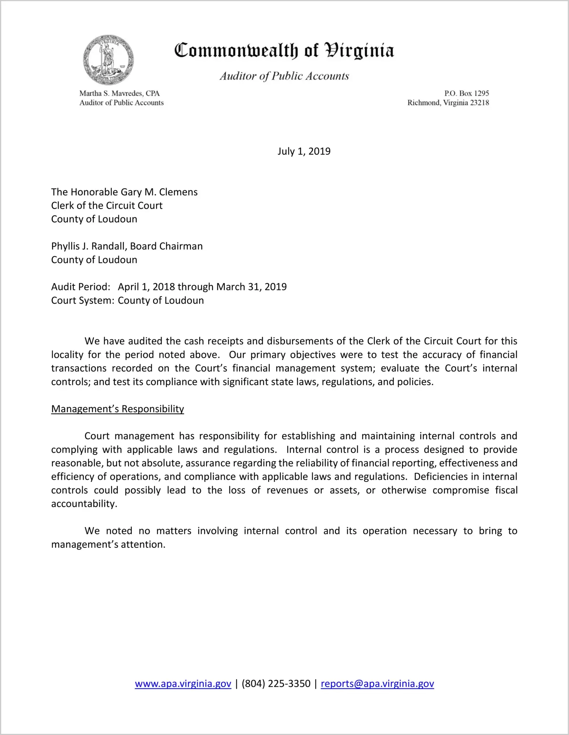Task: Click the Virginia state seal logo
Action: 109,60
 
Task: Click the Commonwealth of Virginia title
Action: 284,51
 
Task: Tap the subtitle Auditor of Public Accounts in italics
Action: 284,76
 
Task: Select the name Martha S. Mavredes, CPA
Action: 119,93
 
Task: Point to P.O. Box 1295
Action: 467,93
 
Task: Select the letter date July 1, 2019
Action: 304,151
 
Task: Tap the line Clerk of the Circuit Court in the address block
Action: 107,206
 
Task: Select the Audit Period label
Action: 81,287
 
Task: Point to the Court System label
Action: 83,301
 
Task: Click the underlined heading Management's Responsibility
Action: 118,409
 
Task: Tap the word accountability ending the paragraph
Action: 84,504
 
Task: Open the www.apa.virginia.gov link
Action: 183,684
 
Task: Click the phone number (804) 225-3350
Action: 276,684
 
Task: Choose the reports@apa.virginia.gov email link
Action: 377,684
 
